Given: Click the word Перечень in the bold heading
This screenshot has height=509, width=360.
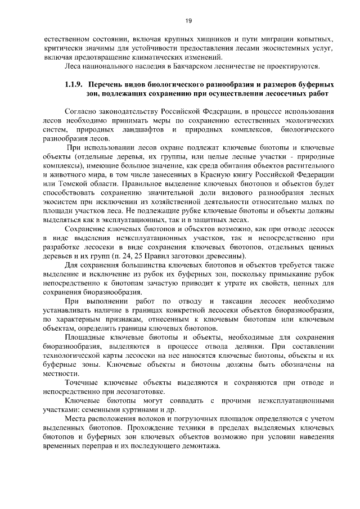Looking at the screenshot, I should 107,84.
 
